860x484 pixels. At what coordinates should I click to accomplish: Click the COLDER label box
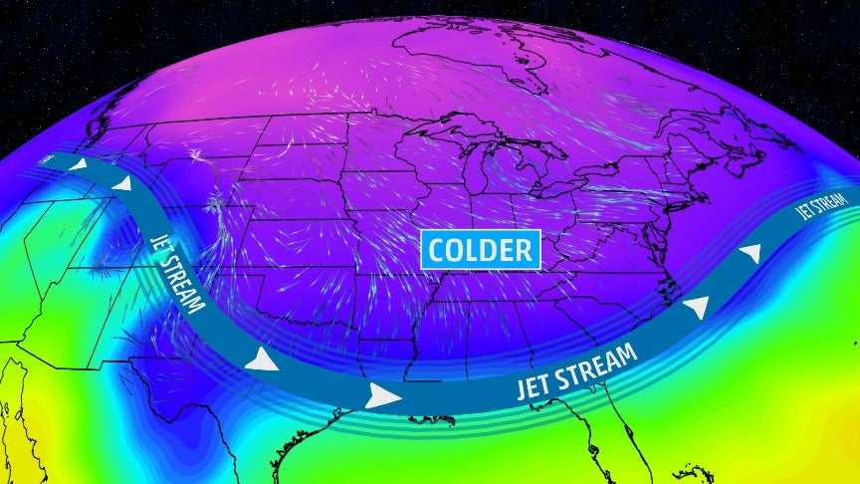[x=481, y=249]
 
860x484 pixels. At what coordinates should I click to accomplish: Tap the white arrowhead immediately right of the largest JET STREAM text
[x=701, y=306]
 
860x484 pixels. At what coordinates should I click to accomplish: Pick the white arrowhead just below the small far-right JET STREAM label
[x=753, y=254]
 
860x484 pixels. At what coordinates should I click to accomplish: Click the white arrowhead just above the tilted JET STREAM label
[x=121, y=184]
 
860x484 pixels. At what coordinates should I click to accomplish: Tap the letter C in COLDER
[x=436, y=249]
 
